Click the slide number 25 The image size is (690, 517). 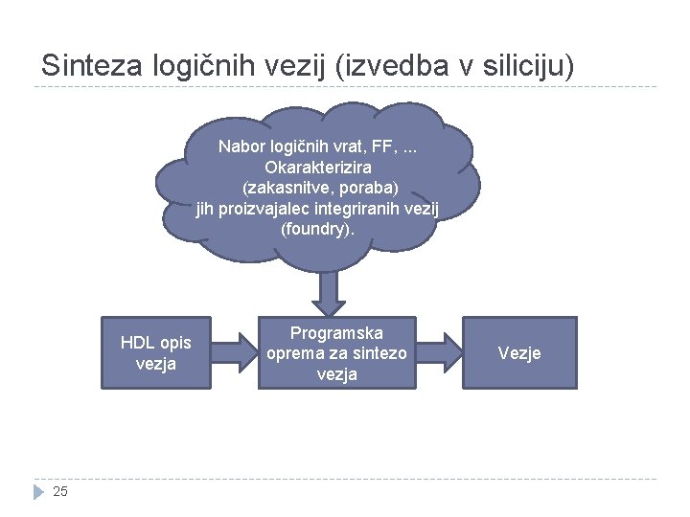pos(60,491)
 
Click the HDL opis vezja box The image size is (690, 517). pos(155,352)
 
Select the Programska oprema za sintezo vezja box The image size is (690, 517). pos(336,352)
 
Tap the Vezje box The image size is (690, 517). pos(519,352)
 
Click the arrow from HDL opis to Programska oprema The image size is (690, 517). pos(234,352)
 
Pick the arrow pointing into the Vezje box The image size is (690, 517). pos(440,352)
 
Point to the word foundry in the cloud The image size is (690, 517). pos(317,230)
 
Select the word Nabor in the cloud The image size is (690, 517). pos(241,146)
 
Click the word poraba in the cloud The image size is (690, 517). pos(352,188)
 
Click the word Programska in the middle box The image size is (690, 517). pos(336,333)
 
